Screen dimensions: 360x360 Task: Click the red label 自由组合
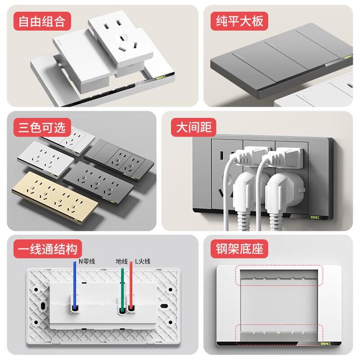(x=42, y=22)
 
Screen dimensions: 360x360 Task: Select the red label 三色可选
(x=42, y=128)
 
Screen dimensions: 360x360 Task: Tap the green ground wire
(x=122, y=288)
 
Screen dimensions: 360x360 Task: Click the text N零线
(x=86, y=261)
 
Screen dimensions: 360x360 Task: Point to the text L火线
(x=143, y=261)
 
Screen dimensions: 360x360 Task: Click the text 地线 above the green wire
(x=121, y=261)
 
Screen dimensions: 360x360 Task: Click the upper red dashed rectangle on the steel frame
(x=279, y=276)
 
